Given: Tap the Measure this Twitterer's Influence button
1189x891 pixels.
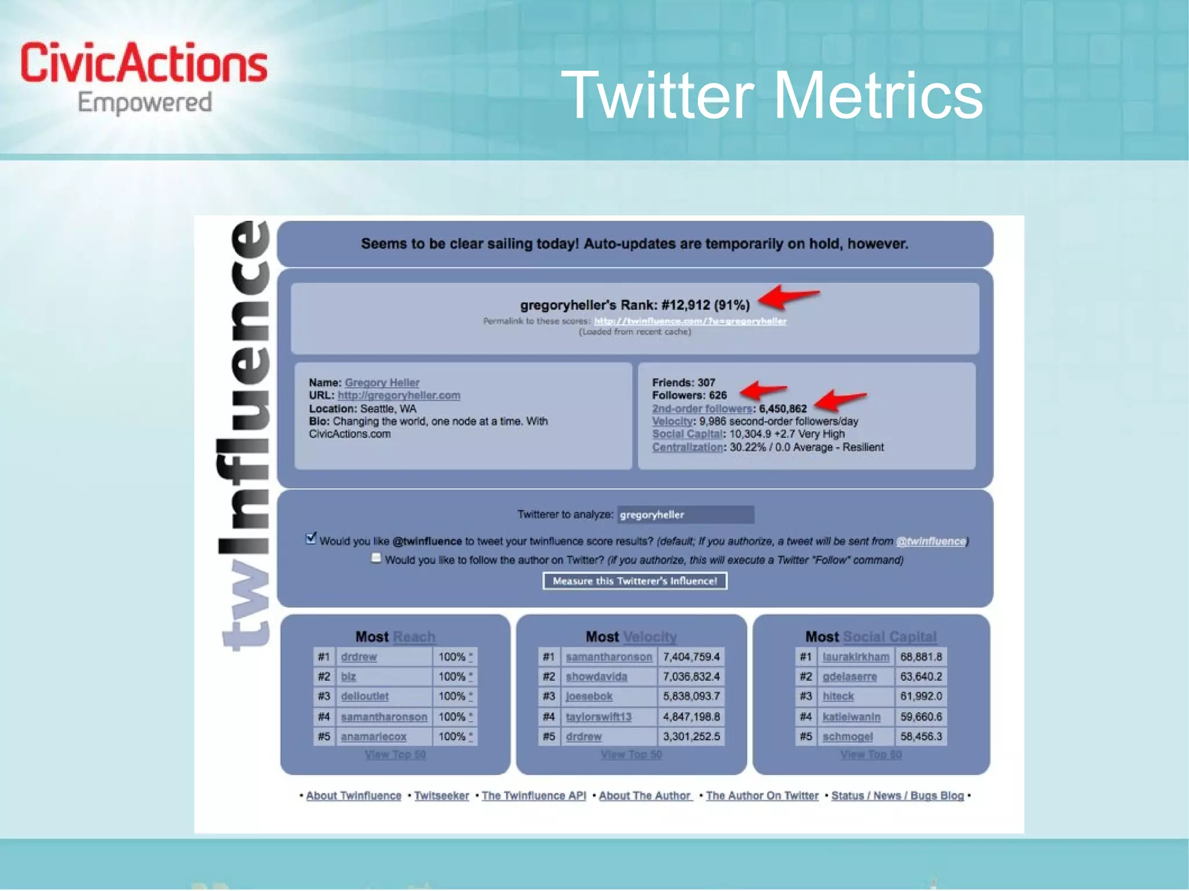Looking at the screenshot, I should pos(635,581).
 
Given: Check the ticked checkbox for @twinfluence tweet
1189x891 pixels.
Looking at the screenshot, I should pos(311,539).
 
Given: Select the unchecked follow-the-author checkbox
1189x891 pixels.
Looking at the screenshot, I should pos(376,558).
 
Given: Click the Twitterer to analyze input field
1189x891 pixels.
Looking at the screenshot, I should pos(685,515).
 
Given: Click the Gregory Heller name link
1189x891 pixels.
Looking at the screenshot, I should pos(381,383).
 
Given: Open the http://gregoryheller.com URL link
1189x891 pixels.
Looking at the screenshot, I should pos(399,395).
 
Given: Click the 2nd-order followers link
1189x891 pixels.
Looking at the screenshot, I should pos(702,409).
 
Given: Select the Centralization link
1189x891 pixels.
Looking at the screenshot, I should pos(687,447).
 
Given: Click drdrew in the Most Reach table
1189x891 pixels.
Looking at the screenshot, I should pos(359,657).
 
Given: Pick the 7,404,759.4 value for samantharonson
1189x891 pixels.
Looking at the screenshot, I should pos(691,657).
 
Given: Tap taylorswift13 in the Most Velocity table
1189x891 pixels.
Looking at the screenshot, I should pos(599,717).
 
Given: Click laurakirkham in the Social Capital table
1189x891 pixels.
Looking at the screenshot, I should pos(855,657).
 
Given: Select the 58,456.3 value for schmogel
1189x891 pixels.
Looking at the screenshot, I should pos(921,737).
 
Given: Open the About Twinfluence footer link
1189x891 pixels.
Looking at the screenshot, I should pos(354,796).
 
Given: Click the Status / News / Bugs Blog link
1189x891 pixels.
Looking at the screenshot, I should pos(898,796).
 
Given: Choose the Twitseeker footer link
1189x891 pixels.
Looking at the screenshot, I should pos(442,796).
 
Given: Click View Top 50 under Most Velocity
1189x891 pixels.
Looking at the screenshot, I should pos(631,755).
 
